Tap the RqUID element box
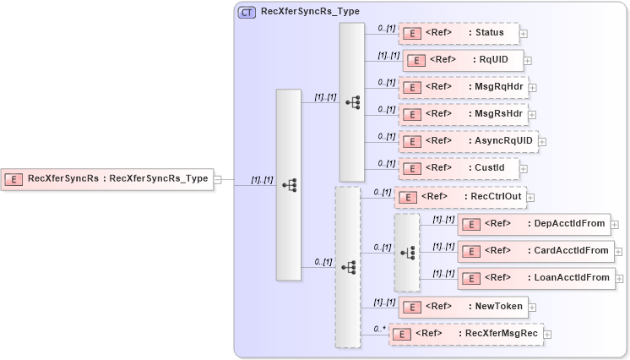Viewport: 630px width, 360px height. [x=462, y=60]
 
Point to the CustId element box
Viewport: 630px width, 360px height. [x=458, y=168]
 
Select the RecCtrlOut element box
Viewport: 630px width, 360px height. [x=460, y=197]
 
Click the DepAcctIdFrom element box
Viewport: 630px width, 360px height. [x=535, y=224]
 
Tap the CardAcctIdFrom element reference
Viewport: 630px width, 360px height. [x=535, y=251]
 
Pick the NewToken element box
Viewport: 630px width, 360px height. [x=462, y=306]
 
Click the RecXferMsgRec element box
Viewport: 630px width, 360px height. [x=466, y=333]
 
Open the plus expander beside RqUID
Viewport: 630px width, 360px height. [x=529, y=61]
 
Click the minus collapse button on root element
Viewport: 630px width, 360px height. [x=218, y=179]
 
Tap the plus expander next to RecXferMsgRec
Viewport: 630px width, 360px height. [x=548, y=334]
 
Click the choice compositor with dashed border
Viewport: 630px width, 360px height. [x=406, y=252]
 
